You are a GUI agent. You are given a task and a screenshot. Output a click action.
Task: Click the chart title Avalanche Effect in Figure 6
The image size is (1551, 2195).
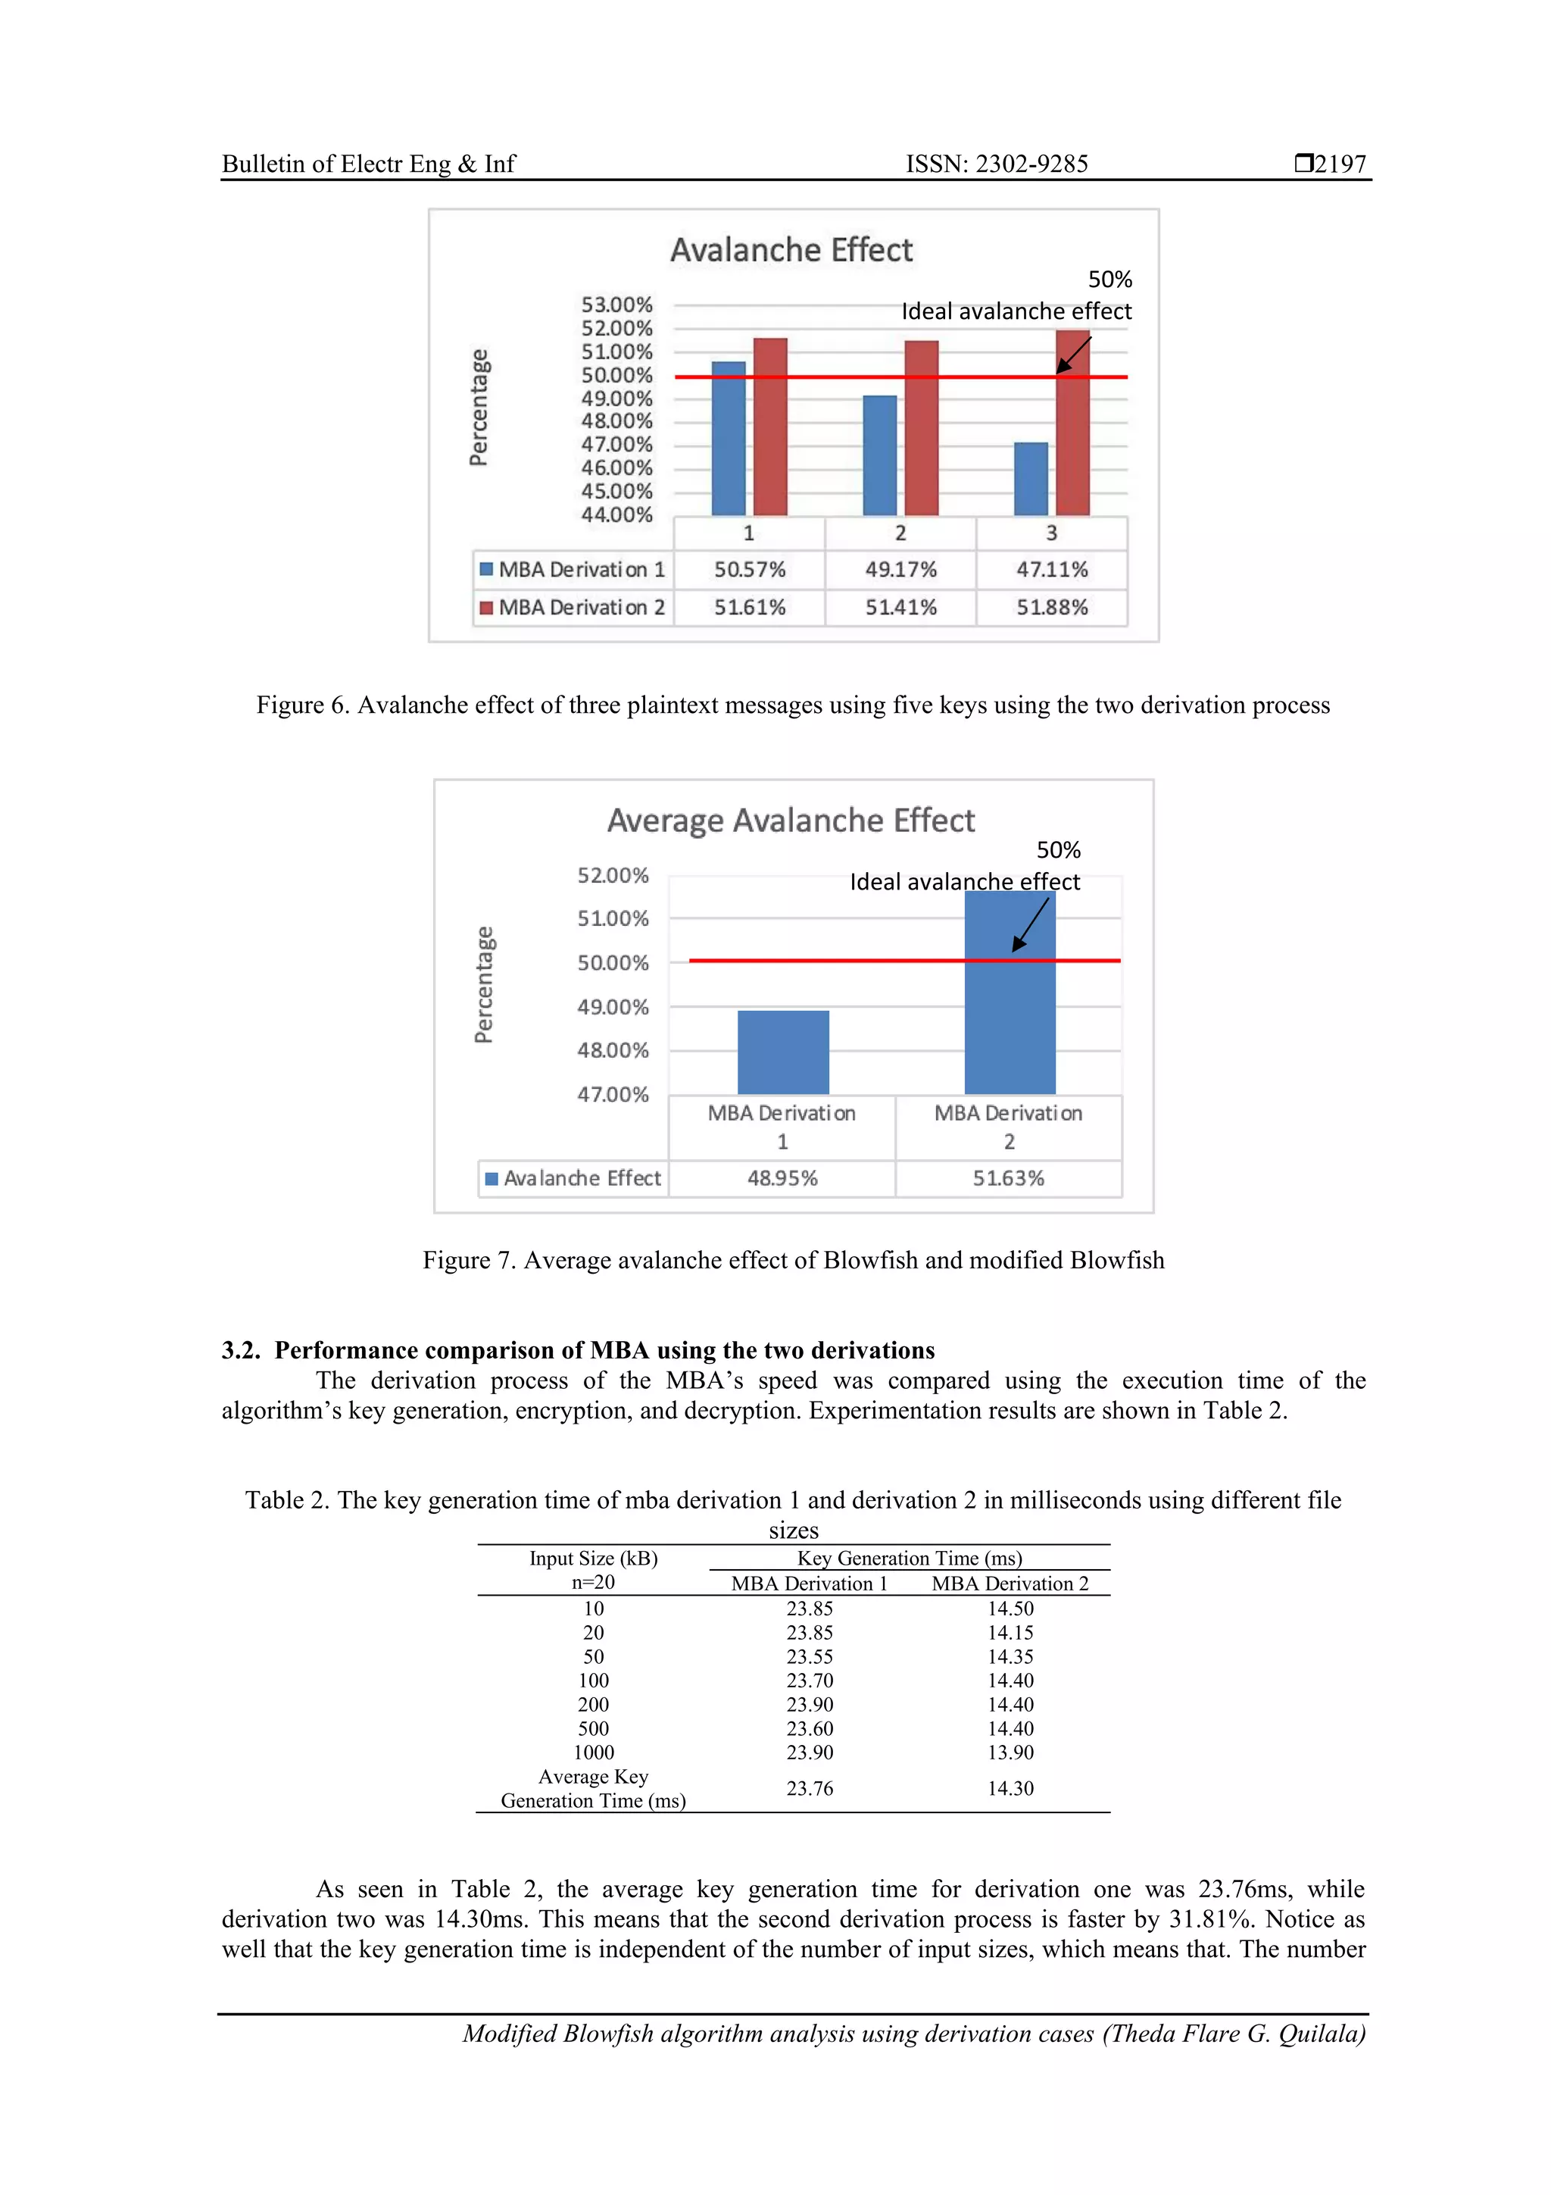tap(791, 251)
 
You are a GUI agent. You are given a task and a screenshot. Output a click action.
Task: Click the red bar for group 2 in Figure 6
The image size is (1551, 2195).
tap(921, 428)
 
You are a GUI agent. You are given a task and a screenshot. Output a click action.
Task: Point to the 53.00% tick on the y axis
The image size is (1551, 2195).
tap(616, 305)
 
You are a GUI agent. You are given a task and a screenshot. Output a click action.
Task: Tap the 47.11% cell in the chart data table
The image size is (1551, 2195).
tap(1051, 570)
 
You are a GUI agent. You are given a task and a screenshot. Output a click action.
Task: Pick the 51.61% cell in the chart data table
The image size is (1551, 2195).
tap(749, 608)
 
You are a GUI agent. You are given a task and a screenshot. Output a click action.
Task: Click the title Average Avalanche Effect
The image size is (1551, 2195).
tap(791, 821)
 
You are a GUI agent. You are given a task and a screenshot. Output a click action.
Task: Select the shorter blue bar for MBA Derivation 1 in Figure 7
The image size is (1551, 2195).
tap(782, 1052)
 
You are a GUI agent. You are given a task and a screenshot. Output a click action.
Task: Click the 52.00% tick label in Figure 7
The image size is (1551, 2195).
tap(613, 876)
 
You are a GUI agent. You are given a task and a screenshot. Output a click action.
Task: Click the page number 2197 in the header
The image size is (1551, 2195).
tap(1339, 164)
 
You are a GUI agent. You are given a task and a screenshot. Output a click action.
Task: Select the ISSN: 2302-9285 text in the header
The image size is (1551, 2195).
tap(996, 164)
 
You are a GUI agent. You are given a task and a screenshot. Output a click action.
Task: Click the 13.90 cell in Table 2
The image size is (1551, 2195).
tap(1010, 1753)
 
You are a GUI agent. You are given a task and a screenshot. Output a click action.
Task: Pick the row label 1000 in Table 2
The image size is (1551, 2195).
tap(594, 1753)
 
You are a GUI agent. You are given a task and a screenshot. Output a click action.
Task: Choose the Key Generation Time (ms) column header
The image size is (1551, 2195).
tap(909, 1559)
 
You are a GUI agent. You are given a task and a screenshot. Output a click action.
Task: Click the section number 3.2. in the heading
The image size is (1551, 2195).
tap(241, 1350)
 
